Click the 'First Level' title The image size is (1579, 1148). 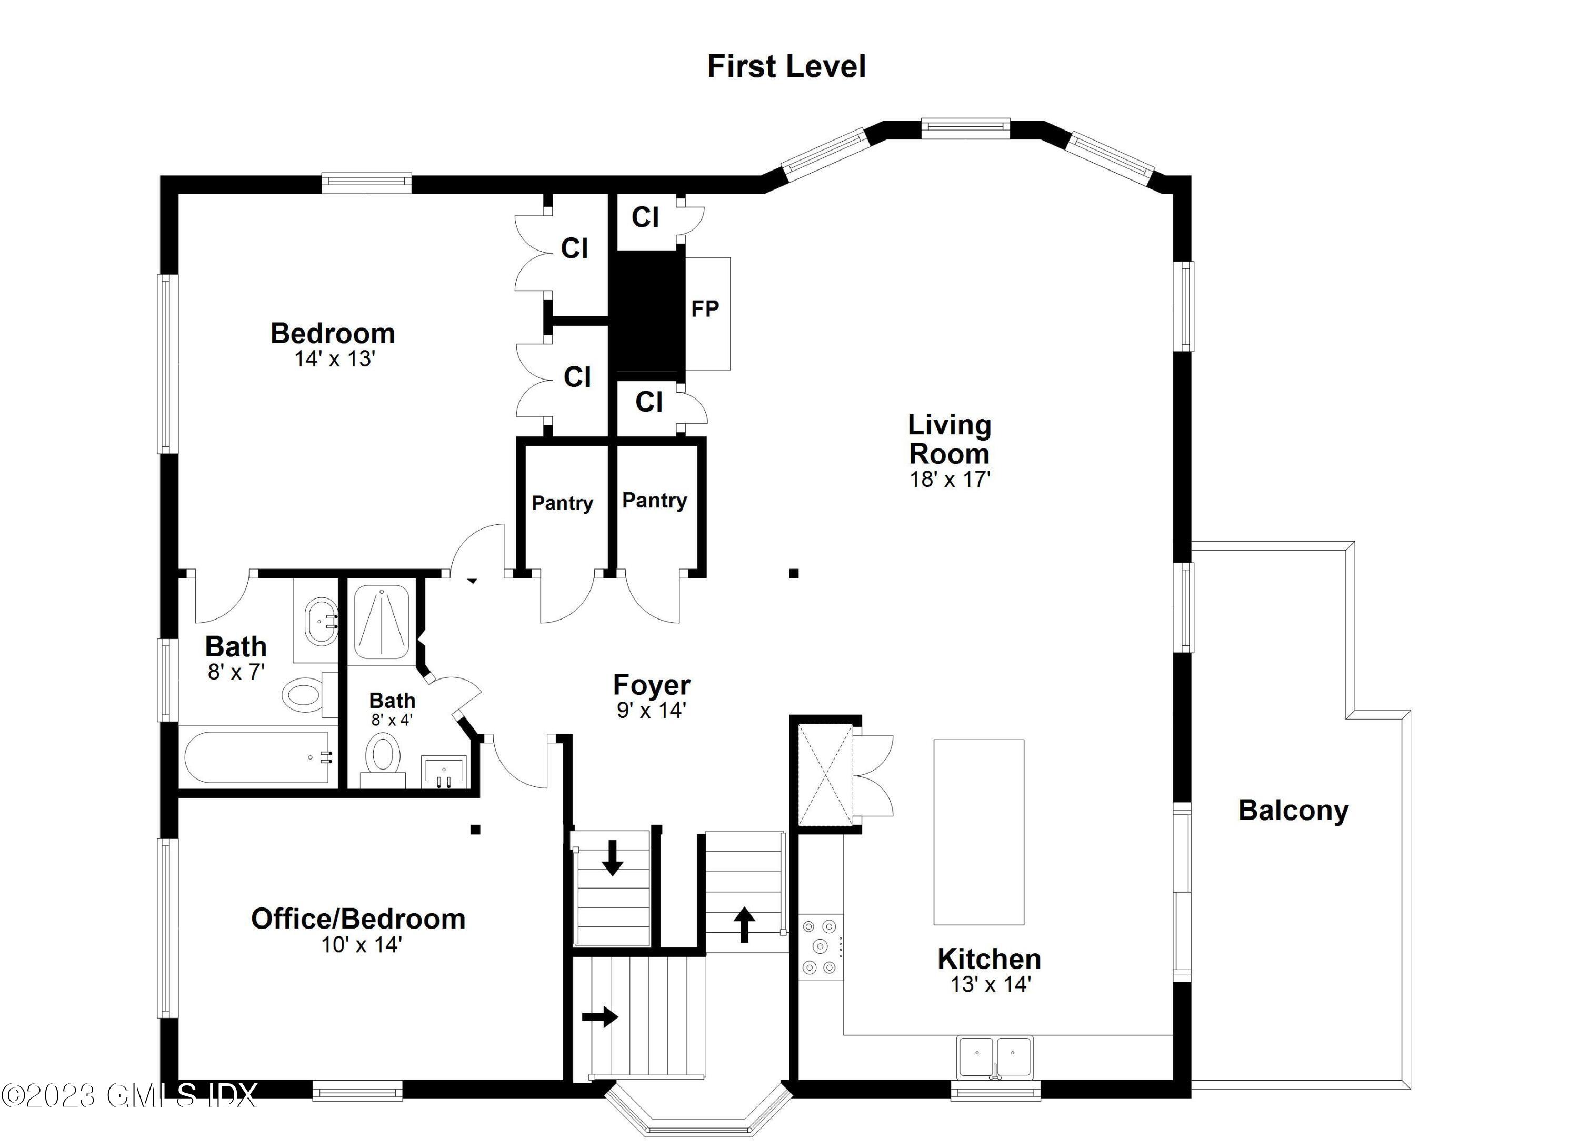[787, 67]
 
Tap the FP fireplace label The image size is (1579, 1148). [705, 308]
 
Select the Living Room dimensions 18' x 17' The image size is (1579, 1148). [950, 479]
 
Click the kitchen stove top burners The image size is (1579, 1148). [820, 947]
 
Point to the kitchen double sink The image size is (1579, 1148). [994, 1057]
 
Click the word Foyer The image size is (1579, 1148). [652, 685]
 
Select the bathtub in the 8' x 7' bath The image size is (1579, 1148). [258, 757]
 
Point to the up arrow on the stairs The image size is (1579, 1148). [744, 924]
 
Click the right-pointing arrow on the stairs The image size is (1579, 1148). [599, 1017]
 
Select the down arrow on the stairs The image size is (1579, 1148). [612, 857]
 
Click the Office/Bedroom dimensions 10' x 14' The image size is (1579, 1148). [362, 945]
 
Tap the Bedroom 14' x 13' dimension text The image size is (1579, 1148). [335, 358]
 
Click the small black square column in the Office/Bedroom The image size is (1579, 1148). [475, 829]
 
